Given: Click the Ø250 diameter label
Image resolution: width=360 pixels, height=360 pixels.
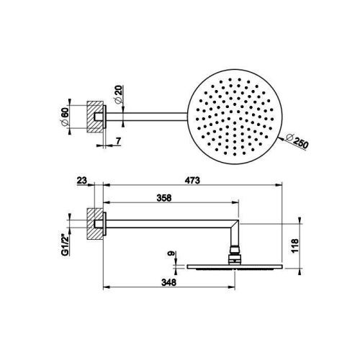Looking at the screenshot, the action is [x=296, y=141].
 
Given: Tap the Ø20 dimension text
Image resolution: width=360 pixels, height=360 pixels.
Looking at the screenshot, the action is [x=119, y=95].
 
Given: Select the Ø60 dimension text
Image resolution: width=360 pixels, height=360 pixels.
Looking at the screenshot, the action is [x=65, y=117].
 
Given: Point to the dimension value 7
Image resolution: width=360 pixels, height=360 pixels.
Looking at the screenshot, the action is [x=118, y=141].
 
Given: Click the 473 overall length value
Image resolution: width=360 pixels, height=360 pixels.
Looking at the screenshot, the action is [x=192, y=180].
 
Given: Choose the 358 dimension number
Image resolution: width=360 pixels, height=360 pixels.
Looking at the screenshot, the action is [x=164, y=198].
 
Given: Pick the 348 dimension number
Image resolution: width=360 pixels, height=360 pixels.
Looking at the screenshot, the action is [x=168, y=282].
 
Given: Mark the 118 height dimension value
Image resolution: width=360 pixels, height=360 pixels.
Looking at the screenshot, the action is [x=294, y=246].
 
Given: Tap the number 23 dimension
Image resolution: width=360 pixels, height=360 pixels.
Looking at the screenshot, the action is [x=81, y=180].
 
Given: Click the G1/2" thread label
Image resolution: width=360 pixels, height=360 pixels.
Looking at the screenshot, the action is [x=65, y=246].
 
